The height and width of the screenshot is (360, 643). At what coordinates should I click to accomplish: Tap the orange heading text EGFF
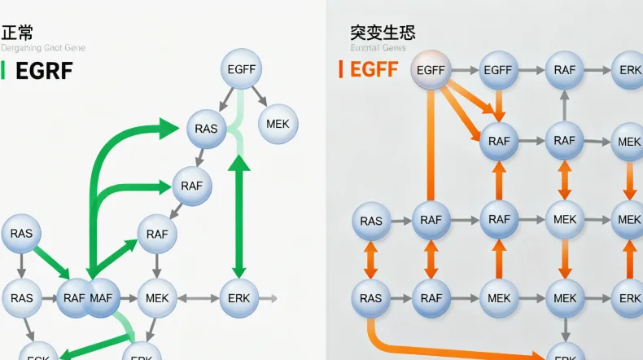(x=374, y=70)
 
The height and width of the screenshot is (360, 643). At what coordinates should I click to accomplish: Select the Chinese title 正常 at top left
(x=17, y=33)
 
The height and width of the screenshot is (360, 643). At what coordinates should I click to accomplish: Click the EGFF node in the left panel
(x=241, y=69)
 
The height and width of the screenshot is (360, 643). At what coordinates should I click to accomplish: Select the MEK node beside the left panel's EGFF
(x=278, y=125)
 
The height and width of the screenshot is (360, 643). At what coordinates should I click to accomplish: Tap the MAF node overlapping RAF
(x=101, y=297)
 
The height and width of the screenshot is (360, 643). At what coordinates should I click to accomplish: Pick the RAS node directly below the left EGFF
(x=207, y=128)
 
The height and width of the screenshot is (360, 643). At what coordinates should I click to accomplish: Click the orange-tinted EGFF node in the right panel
(x=431, y=70)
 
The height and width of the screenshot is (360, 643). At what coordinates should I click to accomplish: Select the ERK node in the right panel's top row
(x=630, y=70)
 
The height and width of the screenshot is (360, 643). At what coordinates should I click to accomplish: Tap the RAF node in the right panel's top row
(x=564, y=70)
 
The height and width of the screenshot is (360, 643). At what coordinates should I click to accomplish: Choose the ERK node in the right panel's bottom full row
(x=630, y=298)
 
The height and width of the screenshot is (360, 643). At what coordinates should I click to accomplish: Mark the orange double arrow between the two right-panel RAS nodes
(x=370, y=259)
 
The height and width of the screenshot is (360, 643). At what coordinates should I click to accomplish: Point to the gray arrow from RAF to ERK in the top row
(x=597, y=70)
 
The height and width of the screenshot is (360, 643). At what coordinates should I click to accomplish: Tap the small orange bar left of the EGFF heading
(x=341, y=70)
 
